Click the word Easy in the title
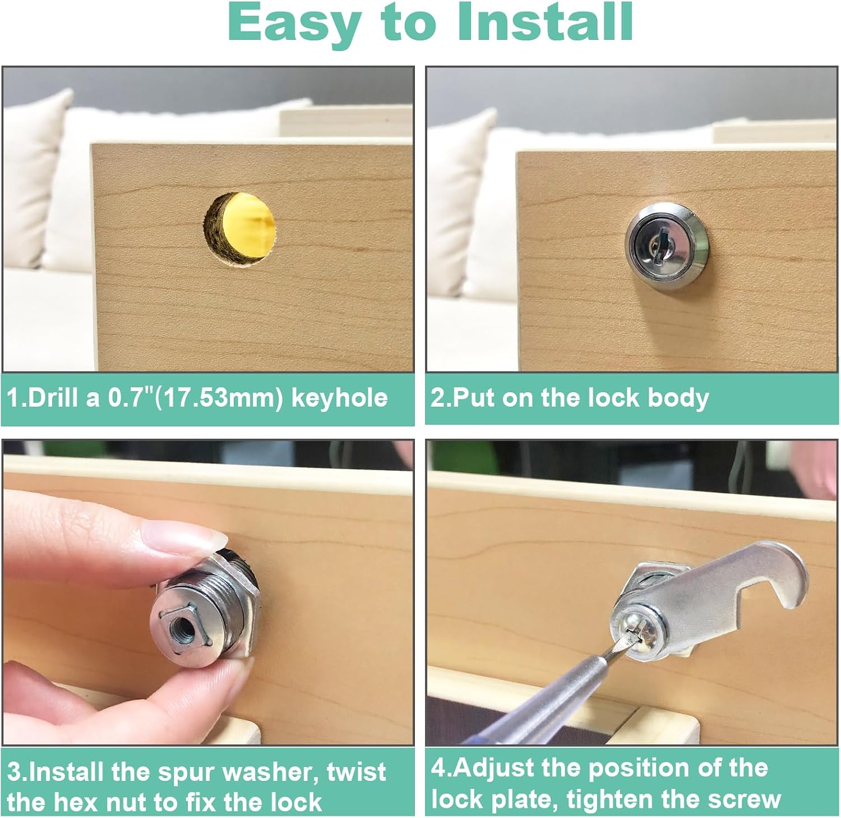coord(294,24)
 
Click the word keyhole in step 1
coord(340,398)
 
